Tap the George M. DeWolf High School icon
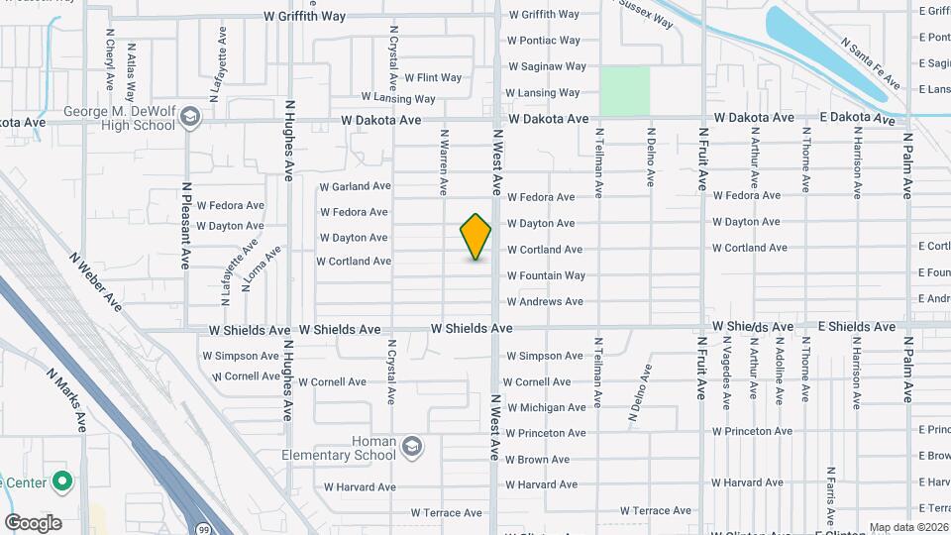[x=190, y=119]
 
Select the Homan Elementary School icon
[x=411, y=449]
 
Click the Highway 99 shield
[x=202, y=528]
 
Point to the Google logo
[x=33, y=522]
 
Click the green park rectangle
[x=625, y=90]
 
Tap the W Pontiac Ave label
[x=543, y=41]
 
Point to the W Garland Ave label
[x=355, y=186]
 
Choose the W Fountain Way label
[x=546, y=275]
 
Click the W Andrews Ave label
[x=545, y=301]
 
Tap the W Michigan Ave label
[x=546, y=407]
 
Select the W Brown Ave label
[x=538, y=460]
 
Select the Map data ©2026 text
[x=907, y=527]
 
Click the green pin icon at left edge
[x=63, y=482]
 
